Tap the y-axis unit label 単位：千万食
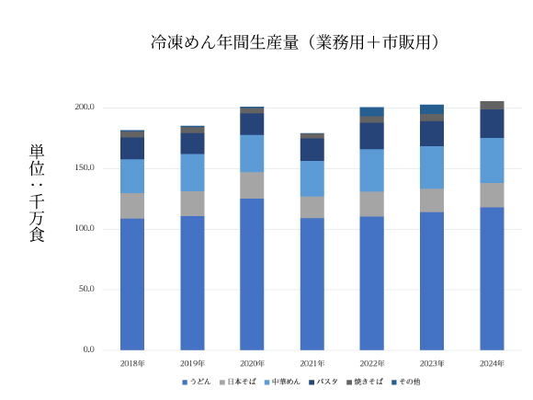click(37, 193)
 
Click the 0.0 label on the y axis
click(88, 349)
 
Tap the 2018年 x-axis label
click(132, 363)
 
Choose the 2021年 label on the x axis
click(312, 363)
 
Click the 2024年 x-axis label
click(492, 363)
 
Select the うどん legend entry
click(198, 382)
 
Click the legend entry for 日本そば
click(241, 382)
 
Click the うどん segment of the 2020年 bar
click(252, 274)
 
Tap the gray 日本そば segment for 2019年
click(192, 203)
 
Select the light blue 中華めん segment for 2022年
click(372, 170)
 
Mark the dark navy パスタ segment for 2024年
click(492, 123)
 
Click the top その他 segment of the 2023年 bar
click(432, 109)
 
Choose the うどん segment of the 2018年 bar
click(132, 283)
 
